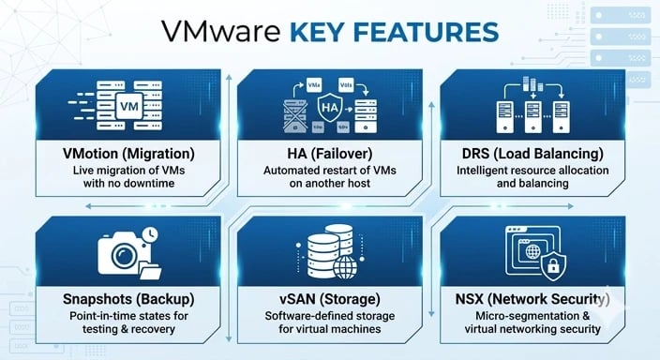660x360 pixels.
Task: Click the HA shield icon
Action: click(x=329, y=110)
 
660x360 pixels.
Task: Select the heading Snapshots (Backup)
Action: click(x=117, y=300)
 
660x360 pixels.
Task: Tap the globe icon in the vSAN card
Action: click(x=346, y=265)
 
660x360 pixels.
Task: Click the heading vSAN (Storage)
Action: click(x=329, y=300)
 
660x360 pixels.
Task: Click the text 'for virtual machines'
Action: click(x=329, y=332)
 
